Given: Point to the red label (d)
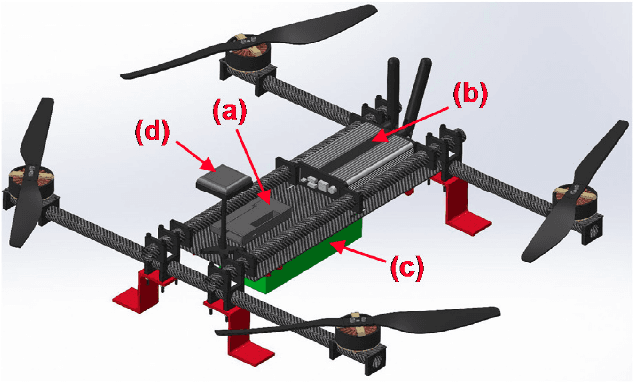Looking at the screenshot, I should coord(152,131).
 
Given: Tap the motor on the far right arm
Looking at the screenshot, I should coord(575,196).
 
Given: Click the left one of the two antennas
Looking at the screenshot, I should coord(391,91).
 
